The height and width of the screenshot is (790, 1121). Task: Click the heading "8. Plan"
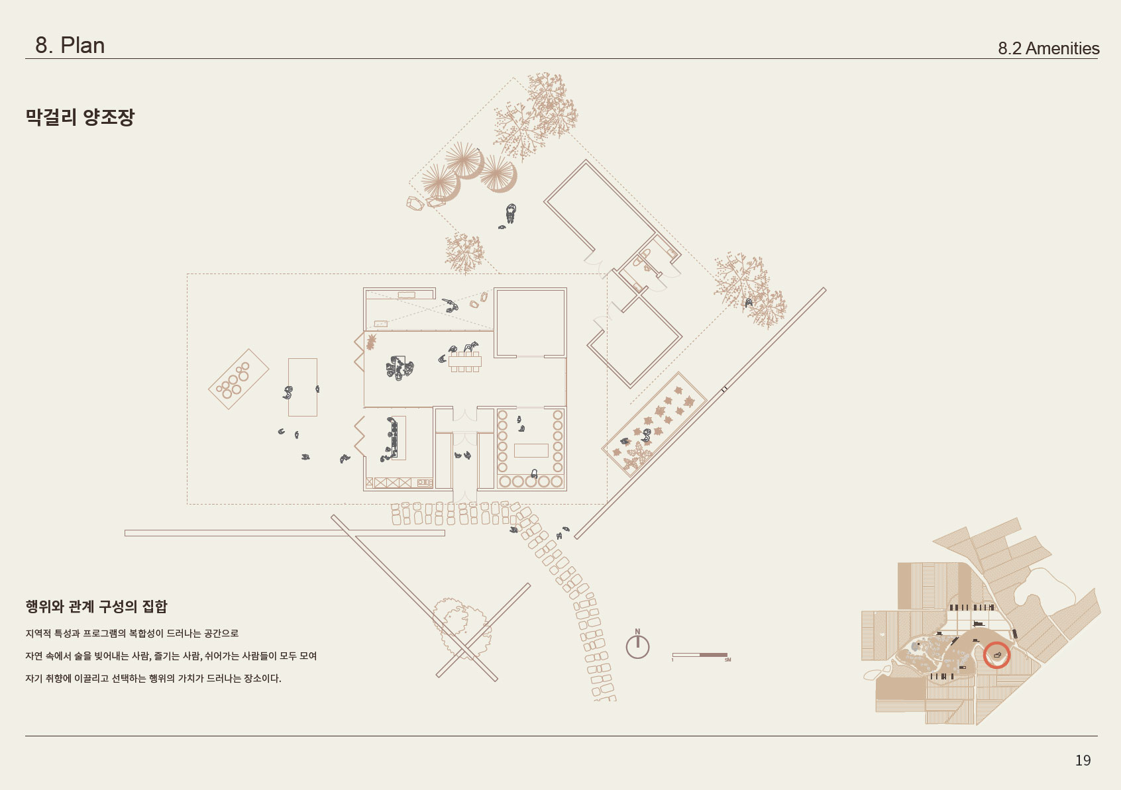pos(70,46)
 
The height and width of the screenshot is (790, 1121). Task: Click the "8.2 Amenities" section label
pos(1048,48)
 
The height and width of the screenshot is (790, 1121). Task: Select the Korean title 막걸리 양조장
pos(80,117)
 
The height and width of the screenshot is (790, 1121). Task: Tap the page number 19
pos(1083,760)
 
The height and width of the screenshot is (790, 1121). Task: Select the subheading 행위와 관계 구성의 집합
pos(97,607)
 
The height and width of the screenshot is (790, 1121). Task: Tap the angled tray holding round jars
pos(239,379)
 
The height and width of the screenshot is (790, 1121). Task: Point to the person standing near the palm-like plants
pos(510,213)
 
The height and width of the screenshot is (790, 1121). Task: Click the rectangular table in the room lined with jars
pos(531,450)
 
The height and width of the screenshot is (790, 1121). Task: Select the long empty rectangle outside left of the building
pos(303,387)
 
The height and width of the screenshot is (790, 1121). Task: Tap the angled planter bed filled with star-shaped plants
pos(653,424)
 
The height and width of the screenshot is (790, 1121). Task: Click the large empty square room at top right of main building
pos(531,322)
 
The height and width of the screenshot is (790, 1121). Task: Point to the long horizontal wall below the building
pos(285,533)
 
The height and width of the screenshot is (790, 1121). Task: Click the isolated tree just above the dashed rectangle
pos(464,253)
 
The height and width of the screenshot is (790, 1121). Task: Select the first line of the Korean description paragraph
pos(132,634)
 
